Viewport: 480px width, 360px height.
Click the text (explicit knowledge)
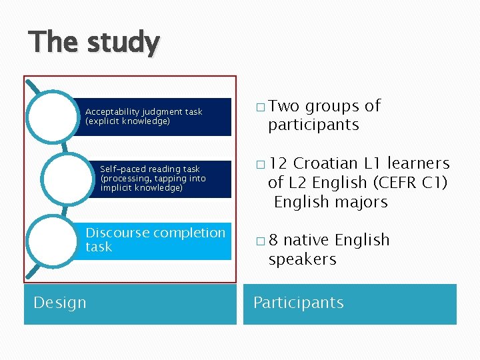pos(127,121)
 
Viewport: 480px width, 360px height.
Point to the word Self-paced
pos(123,169)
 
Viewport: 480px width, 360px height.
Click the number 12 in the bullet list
pos(278,163)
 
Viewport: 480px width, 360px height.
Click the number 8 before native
pos(273,240)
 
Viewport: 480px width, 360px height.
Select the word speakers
pos(302,259)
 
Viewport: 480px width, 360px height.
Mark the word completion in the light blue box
pos(189,233)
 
